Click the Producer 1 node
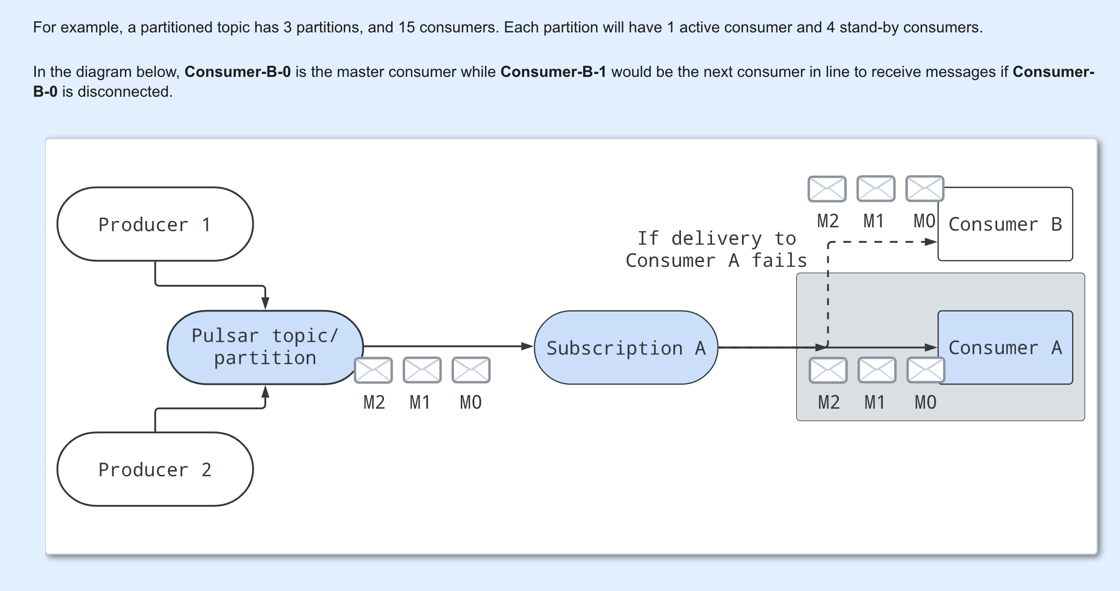(x=155, y=224)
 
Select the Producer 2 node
(x=155, y=469)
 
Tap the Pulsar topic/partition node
(x=265, y=347)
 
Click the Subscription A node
(x=625, y=348)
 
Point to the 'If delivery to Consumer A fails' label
(x=716, y=250)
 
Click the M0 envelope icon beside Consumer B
(x=924, y=189)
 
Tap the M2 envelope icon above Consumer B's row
(x=827, y=189)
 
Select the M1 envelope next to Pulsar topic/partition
(x=422, y=370)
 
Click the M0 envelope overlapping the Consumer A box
(x=925, y=370)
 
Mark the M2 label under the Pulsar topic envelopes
(x=374, y=402)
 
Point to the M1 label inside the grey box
(x=875, y=402)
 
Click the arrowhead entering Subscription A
(x=527, y=346)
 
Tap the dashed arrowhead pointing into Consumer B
(x=930, y=242)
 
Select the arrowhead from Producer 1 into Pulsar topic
(x=265, y=303)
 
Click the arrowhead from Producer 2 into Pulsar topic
(x=265, y=391)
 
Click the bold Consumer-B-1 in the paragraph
(x=553, y=72)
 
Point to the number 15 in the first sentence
(x=407, y=28)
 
